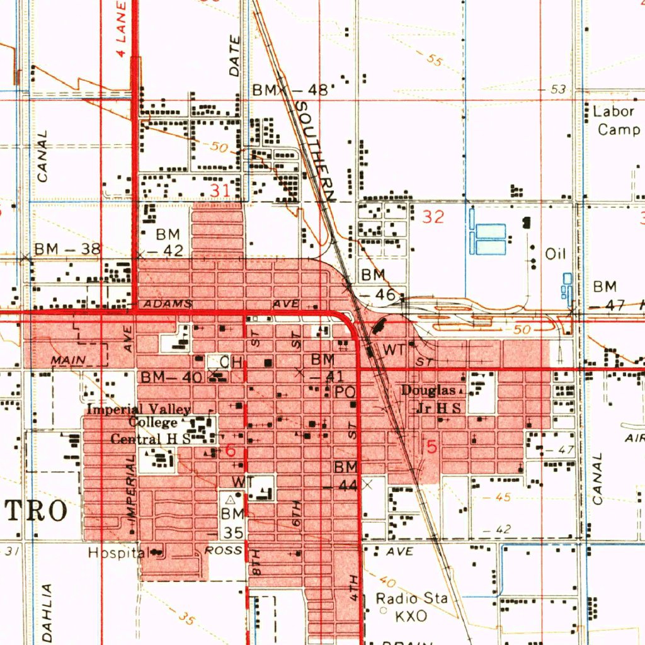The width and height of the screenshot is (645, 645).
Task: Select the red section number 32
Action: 433,217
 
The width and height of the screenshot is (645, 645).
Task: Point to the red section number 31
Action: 220,190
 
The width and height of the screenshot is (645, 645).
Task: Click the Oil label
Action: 556,254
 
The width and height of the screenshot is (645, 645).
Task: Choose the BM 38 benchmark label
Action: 67,249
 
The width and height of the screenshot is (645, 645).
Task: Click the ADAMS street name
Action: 168,304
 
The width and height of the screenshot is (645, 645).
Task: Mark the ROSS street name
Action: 224,551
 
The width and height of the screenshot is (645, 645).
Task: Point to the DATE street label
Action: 235,57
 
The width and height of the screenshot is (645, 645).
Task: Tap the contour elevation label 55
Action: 433,60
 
